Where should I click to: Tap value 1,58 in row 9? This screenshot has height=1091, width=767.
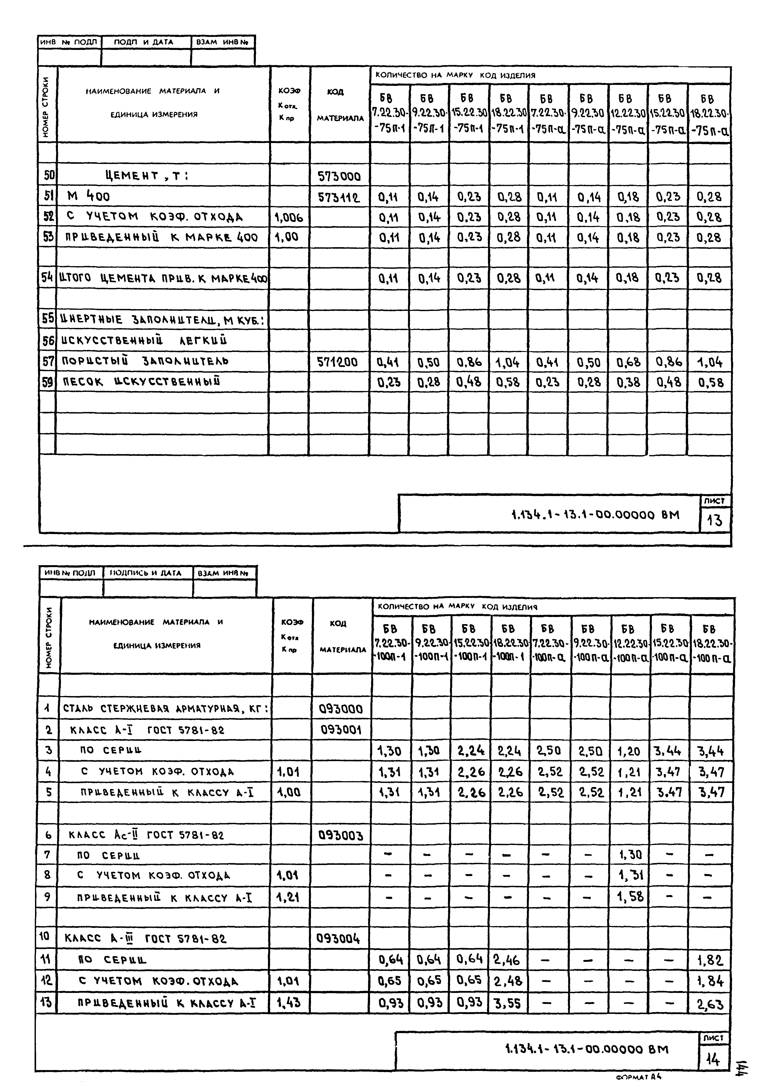click(x=631, y=897)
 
